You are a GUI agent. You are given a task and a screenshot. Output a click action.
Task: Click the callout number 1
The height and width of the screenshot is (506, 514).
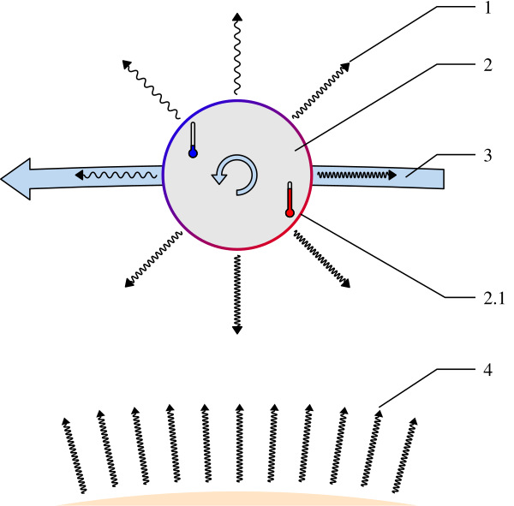tap(488, 8)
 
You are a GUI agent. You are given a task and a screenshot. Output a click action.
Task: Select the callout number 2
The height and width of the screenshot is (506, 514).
tap(487, 65)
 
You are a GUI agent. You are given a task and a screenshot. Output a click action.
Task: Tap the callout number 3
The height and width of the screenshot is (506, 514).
tap(487, 155)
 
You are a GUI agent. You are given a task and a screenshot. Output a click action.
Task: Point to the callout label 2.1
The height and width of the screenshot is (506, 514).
tap(494, 299)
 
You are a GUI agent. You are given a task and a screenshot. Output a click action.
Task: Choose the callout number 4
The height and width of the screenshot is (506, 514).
tap(487, 370)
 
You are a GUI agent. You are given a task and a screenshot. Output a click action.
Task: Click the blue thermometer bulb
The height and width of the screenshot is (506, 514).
tap(193, 153)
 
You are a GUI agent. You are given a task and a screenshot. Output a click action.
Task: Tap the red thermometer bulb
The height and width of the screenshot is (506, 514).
tap(290, 213)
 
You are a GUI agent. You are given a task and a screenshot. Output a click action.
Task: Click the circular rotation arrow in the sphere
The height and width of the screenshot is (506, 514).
tap(235, 175)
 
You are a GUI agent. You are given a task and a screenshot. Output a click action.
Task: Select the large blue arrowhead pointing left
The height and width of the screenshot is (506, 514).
tap(15, 179)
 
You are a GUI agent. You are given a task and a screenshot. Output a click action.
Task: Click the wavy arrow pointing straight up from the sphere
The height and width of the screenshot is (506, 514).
tap(237, 54)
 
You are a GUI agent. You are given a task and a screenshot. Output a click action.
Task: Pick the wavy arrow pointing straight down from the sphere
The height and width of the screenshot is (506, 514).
tap(237, 295)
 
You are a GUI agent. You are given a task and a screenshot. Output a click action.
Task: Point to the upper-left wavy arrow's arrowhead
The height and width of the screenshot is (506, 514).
tap(127, 64)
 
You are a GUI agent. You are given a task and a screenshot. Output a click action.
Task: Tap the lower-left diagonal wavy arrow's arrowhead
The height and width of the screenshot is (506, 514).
tap(129, 283)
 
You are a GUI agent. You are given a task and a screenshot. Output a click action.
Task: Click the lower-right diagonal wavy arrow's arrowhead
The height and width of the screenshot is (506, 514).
tap(345, 283)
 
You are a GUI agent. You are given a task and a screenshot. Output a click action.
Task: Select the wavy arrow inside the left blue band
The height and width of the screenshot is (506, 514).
tap(116, 175)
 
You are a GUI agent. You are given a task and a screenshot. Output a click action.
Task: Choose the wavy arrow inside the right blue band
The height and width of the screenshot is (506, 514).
tap(357, 175)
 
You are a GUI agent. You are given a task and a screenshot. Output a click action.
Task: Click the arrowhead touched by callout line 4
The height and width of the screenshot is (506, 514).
tap(379, 414)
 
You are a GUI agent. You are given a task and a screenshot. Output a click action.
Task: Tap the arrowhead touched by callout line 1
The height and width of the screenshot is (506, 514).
tap(345, 67)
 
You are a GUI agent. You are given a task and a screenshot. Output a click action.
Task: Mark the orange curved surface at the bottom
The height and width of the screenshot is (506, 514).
tap(237, 499)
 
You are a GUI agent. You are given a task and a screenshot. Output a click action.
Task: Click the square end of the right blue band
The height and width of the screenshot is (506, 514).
tap(444, 179)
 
